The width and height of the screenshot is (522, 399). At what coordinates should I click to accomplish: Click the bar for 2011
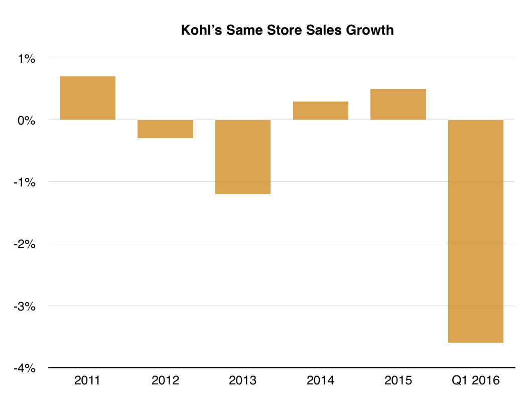88,98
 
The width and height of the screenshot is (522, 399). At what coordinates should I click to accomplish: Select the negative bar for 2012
166,129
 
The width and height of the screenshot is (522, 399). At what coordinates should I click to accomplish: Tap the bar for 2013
243,157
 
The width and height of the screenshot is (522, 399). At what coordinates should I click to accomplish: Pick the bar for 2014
320,111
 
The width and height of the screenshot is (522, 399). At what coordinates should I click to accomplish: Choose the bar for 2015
398,105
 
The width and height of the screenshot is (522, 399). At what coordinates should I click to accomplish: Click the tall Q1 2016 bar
475,231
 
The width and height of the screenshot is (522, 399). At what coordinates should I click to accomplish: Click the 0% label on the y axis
27,121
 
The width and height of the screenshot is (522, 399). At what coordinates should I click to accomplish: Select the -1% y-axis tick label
25,182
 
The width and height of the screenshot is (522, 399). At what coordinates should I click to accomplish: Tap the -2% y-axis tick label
25,244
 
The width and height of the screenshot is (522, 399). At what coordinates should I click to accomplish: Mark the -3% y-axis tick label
25,306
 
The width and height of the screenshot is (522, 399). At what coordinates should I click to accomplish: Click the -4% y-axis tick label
25,368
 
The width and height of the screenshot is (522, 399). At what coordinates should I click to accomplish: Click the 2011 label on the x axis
88,380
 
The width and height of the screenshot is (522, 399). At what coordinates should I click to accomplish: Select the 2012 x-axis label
166,380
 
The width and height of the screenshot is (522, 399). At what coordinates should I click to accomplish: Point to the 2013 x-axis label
243,380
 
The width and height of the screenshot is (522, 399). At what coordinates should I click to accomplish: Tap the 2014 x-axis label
320,380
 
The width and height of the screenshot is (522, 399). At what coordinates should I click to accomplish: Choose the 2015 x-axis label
398,380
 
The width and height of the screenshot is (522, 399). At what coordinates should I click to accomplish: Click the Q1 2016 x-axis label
475,380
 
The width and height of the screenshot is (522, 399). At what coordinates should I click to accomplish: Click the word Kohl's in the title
201,30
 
